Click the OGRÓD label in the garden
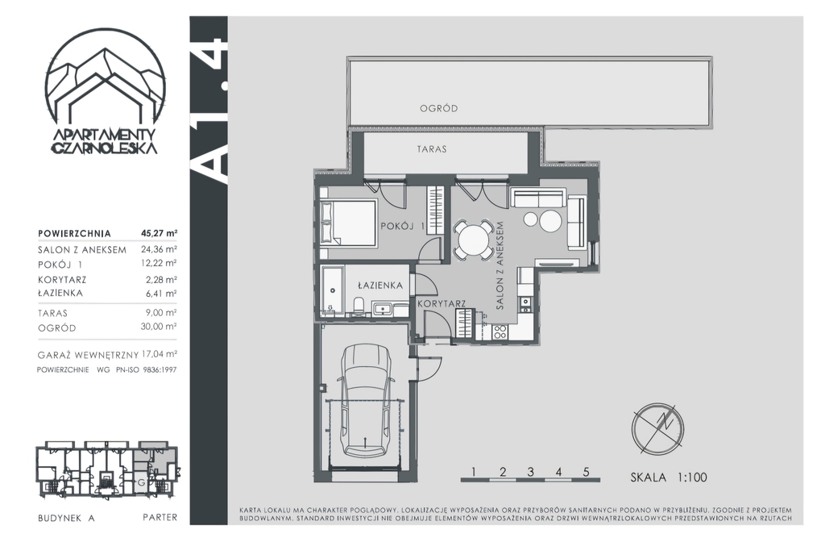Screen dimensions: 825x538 pyautogui.click(x=438, y=108)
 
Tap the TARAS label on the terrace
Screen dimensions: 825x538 pyautogui.click(x=432, y=149)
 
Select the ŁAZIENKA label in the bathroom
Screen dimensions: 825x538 pyautogui.click(x=380, y=285)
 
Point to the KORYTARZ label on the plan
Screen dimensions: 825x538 pyautogui.click(x=442, y=303)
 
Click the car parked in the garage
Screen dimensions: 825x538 pyautogui.click(x=366, y=401)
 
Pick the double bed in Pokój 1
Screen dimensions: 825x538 pyautogui.click(x=348, y=223)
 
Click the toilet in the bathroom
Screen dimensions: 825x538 pyautogui.click(x=359, y=307)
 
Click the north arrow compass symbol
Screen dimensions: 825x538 pyautogui.click(x=657, y=428)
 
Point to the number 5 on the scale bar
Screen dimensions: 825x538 pyautogui.click(x=587, y=472)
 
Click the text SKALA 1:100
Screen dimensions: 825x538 pyautogui.click(x=669, y=478)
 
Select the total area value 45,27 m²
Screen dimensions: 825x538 pyautogui.click(x=159, y=233)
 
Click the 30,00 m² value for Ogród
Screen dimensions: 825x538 pyautogui.click(x=159, y=327)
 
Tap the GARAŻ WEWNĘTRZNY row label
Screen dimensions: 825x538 pyautogui.click(x=88, y=355)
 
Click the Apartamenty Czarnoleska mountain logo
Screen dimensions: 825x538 pyautogui.click(x=106, y=98)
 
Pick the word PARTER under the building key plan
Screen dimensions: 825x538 pyautogui.click(x=160, y=518)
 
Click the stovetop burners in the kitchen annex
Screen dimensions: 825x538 pyautogui.click(x=500, y=332)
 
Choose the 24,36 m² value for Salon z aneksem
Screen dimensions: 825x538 pyautogui.click(x=159, y=249)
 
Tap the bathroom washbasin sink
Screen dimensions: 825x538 pyautogui.click(x=381, y=308)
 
